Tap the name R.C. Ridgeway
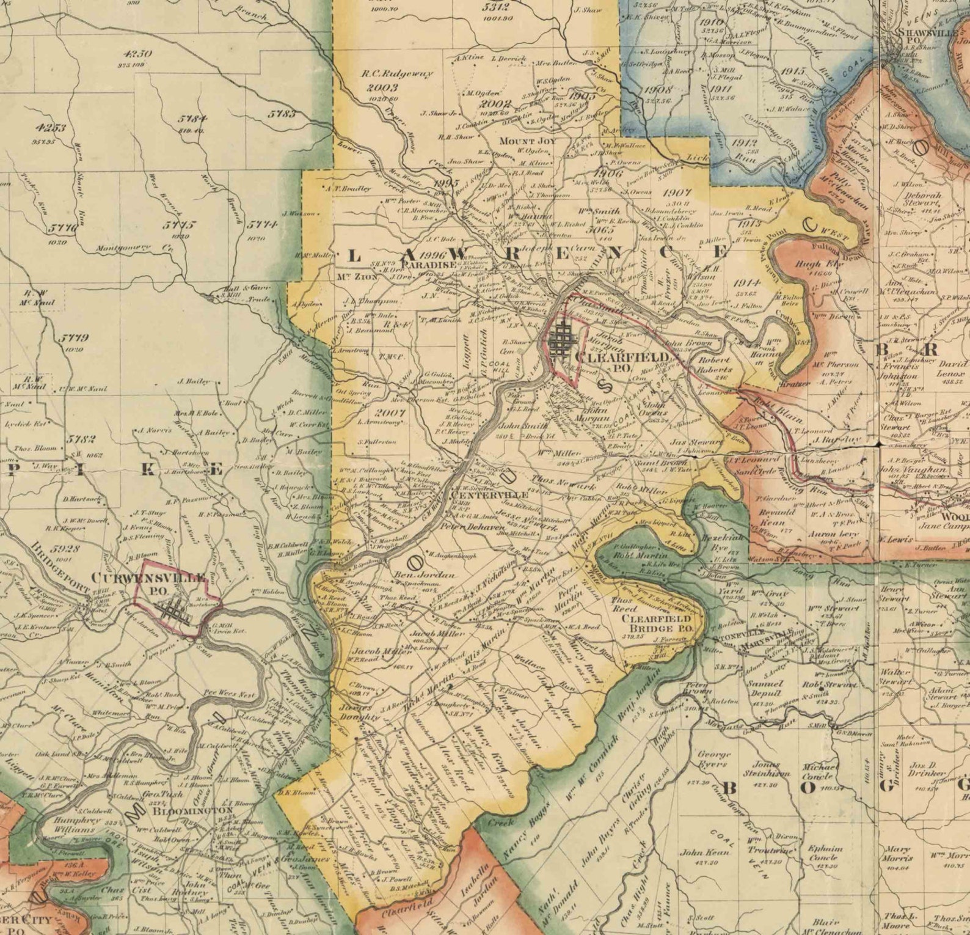coord(397,74)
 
